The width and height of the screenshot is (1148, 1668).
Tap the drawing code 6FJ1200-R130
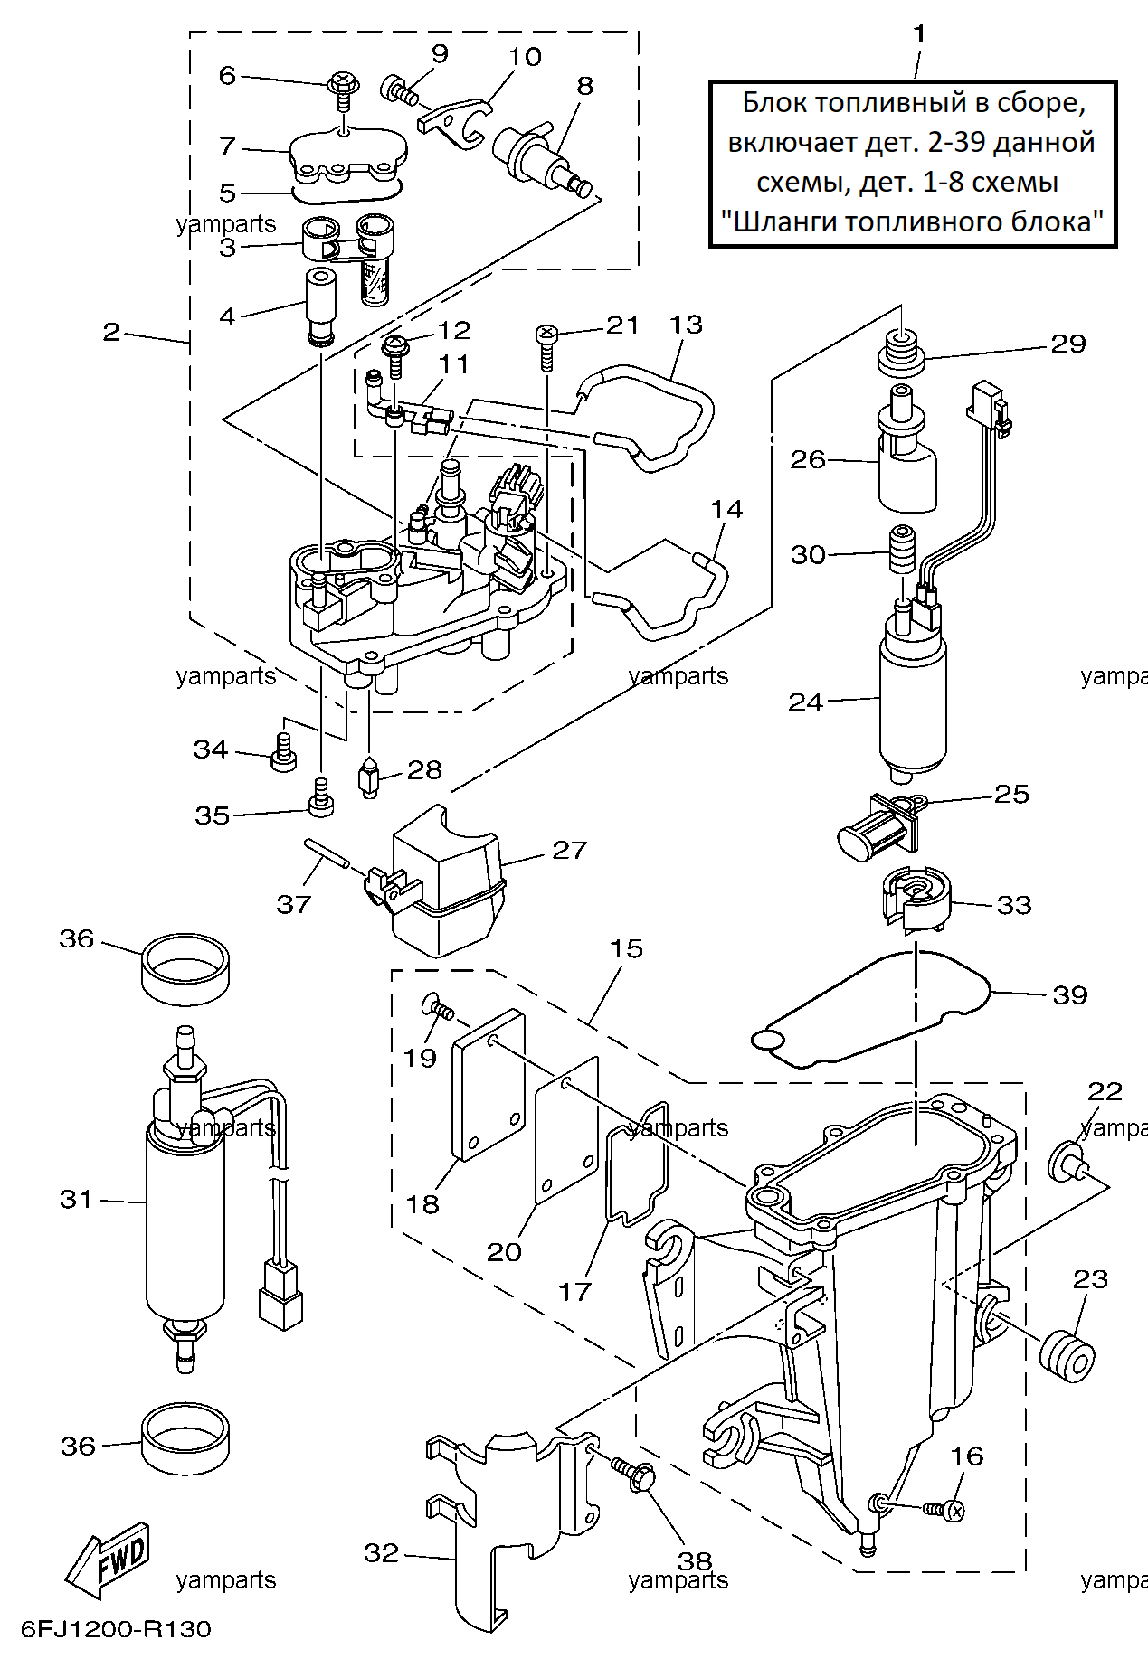point(116,1629)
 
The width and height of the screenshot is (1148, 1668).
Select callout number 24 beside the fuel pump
point(805,702)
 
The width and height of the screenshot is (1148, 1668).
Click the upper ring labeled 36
point(185,968)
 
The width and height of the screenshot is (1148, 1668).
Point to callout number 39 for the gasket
point(1069,995)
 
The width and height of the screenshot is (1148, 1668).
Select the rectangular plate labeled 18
point(489,1084)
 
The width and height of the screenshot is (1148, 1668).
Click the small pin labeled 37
point(327,852)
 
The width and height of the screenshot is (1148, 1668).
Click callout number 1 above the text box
point(919,34)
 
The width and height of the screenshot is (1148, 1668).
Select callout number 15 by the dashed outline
point(626,948)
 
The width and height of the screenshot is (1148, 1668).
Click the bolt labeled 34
point(284,752)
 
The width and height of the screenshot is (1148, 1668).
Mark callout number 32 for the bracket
point(381,1553)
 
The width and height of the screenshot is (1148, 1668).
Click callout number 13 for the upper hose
point(686,325)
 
